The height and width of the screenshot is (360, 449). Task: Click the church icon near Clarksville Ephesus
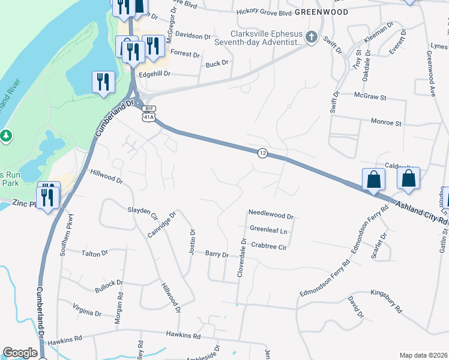tap(311, 38)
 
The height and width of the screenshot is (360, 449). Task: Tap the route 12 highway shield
tap(262, 154)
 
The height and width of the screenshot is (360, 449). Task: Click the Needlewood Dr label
tap(271, 215)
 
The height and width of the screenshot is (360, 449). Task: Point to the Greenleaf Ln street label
tap(268, 230)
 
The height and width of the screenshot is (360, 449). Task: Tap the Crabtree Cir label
tap(269, 245)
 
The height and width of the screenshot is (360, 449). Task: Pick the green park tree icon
tap(6, 136)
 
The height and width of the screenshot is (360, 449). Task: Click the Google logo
tap(20, 353)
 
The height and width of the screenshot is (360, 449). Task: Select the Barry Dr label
tap(217, 254)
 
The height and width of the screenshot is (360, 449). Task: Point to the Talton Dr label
tap(94, 253)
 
